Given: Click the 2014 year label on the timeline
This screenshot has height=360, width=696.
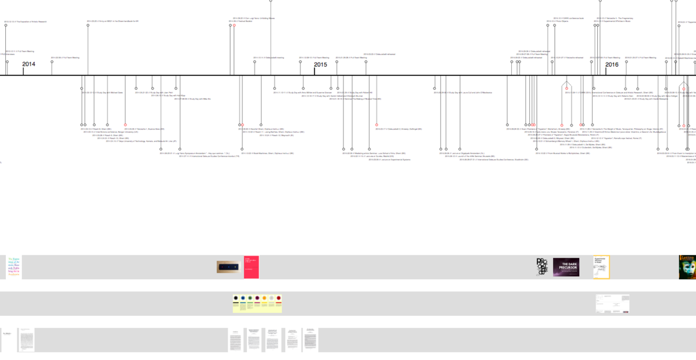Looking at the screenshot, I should pyautogui.click(x=29, y=64).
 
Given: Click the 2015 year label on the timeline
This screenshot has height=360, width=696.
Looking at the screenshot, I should pyautogui.click(x=320, y=64).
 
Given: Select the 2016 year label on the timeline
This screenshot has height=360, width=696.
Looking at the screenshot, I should pyautogui.click(x=612, y=64).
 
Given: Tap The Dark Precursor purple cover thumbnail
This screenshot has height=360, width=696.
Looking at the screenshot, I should pyautogui.click(x=566, y=267).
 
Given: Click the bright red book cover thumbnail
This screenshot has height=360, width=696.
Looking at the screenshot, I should pyautogui.click(x=251, y=267).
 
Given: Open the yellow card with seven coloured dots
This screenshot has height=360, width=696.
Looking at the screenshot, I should pyautogui.click(x=257, y=304).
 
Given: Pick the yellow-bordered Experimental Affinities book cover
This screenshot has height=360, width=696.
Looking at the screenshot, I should pyautogui.click(x=601, y=267).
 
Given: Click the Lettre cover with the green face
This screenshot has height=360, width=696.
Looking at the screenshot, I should pyautogui.click(x=687, y=267).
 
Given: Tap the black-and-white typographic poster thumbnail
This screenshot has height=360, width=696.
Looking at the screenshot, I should pyautogui.click(x=541, y=267).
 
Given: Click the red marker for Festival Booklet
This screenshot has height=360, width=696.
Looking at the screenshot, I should pyautogui.click(x=234, y=26).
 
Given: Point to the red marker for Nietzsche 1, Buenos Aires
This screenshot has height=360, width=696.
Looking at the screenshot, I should pyautogui.click(x=125, y=125).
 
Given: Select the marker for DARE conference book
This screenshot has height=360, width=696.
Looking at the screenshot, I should pyautogui.click(x=554, y=26).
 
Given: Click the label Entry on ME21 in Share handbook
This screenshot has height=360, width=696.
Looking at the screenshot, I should pyautogui.click(x=113, y=21).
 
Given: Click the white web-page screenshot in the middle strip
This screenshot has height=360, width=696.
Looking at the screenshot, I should pyautogui.click(x=612, y=304).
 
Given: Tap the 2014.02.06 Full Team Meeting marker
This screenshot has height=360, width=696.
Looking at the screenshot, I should pyautogui.click(x=52, y=62).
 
